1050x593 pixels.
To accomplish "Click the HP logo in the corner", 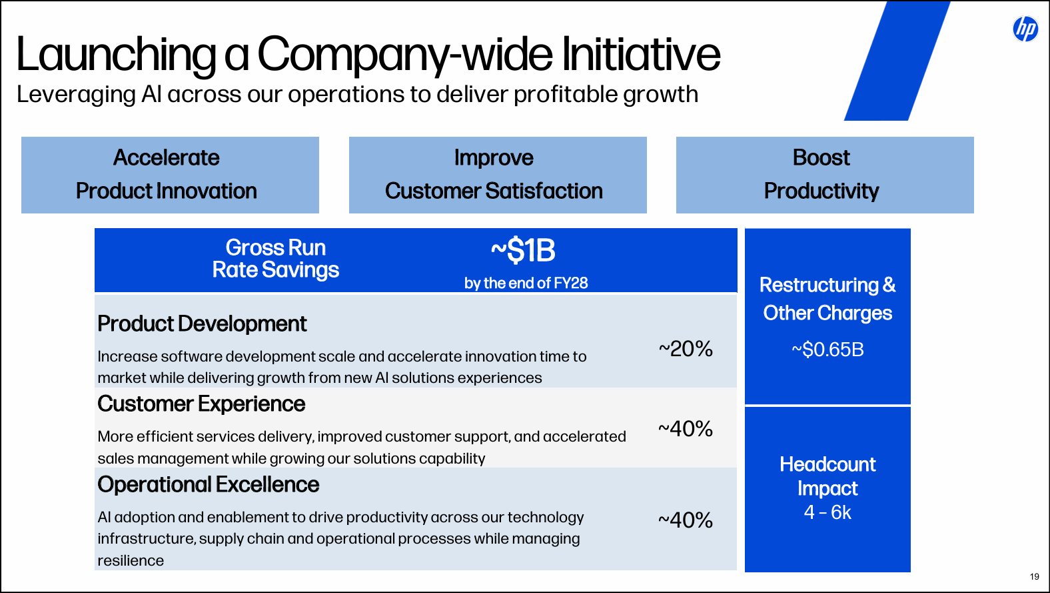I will (x=1025, y=29).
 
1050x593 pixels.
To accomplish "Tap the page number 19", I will (x=1034, y=577).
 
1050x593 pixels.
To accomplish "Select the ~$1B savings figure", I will (x=524, y=251).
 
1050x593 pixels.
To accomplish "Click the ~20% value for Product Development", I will (x=686, y=349).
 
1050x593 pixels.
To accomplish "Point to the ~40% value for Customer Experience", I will (x=686, y=429).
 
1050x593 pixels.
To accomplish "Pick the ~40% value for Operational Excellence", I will (x=686, y=520).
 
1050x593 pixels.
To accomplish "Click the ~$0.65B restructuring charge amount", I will (x=827, y=350).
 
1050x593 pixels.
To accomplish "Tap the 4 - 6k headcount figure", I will (x=827, y=512).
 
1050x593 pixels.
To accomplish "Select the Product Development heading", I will (x=202, y=324).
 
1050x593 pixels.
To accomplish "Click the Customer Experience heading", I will (x=201, y=404).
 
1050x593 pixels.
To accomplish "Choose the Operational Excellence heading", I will (x=209, y=485).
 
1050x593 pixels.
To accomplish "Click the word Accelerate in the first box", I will (x=167, y=158).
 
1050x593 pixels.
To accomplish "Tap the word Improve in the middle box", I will (x=494, y=158).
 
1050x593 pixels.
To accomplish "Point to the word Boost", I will (x=821, y=158).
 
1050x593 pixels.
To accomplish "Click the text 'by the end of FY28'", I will (x=526, y=283).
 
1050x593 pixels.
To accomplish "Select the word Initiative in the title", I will (x=641, y=55).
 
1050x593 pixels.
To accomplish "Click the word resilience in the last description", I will (x=131, y=561).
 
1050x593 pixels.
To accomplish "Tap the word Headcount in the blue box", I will (x=827, y=464).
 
